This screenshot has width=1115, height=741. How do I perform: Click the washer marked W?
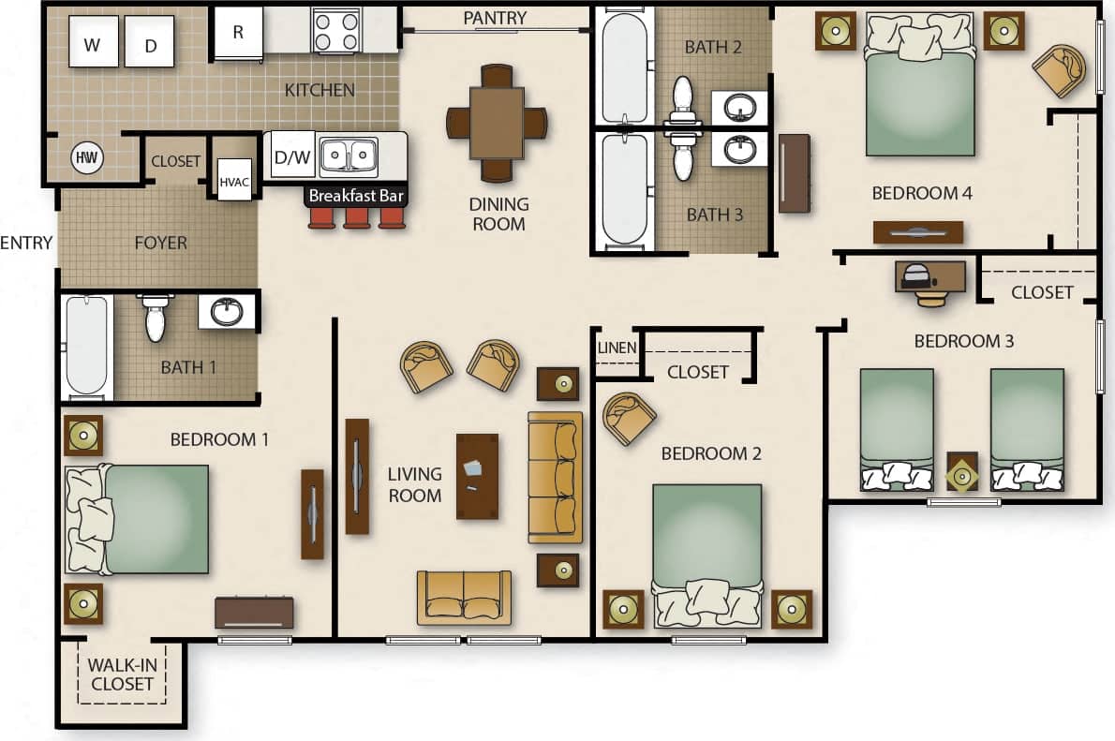94,42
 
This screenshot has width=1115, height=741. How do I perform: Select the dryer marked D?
150,42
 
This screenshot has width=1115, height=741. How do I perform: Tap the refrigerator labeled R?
238,34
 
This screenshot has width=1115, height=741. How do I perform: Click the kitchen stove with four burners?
335,31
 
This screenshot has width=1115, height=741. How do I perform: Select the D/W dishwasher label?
292,156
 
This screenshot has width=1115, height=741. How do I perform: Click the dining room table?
497,123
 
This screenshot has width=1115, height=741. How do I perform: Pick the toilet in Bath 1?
156,317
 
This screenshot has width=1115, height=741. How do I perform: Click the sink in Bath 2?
740,106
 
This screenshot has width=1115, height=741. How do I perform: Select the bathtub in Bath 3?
623,189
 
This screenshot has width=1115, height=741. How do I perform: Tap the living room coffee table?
478,476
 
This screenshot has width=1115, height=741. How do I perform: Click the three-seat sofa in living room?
555,477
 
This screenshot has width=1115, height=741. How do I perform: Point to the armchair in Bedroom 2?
629,418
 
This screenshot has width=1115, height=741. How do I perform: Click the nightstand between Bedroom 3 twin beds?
962,472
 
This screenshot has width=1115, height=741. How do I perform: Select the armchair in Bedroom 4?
1059,69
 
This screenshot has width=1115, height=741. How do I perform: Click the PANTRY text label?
495,18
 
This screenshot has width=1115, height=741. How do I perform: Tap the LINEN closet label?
617,348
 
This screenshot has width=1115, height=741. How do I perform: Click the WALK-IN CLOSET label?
122,674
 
